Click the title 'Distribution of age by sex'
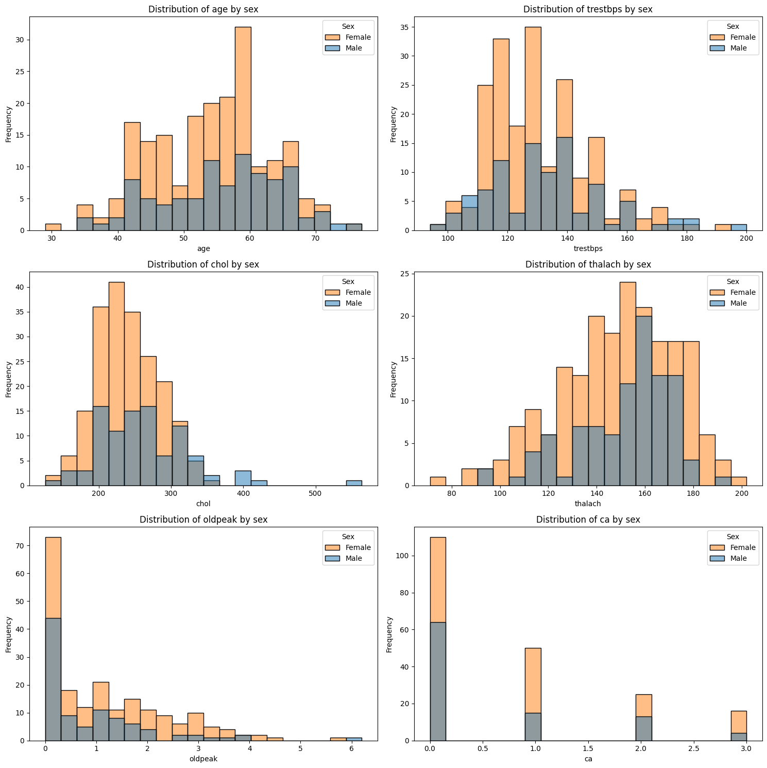[x=203, y=9]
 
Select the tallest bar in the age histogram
[x=243, y=129]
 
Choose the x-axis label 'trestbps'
[x=588, y=249]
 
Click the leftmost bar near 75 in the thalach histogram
[x=438, y=481]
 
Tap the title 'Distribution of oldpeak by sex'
[x=203, y=520]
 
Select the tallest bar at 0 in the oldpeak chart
[x=53, y=639]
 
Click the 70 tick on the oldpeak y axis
[x=23, y=546]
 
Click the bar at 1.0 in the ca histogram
[x=533, y=694]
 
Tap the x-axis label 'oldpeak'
[x=203, y=759]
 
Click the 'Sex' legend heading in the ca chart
[x=732, y=537]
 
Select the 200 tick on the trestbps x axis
[x=747, y=239]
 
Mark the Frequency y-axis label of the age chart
[x=9, y=124]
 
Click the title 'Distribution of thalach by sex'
[x=588, y=264]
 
